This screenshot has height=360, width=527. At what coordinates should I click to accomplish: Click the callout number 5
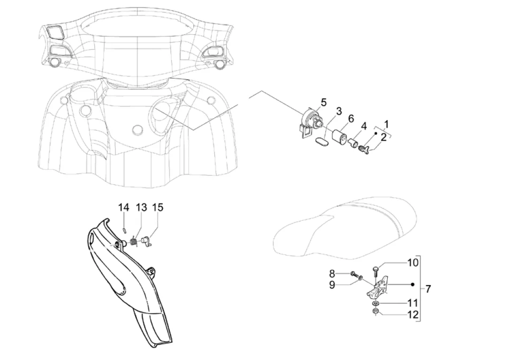[324, 102]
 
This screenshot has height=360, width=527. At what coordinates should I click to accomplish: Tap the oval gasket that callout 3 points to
[322, 141]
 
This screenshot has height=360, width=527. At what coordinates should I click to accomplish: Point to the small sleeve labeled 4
[353, 143]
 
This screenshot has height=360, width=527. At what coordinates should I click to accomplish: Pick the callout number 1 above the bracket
[386, 124]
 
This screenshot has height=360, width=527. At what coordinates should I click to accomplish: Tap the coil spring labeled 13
[134, 241]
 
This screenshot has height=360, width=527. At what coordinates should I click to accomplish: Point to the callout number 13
[142, 208]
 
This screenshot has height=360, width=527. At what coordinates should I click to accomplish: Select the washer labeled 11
[376, 304]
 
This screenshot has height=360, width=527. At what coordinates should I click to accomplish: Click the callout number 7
[428, 289]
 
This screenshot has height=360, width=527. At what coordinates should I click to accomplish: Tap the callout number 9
[332, 285]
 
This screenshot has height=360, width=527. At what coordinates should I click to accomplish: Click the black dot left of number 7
[413, 285]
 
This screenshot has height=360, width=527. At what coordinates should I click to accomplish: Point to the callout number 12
[413, 315]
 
